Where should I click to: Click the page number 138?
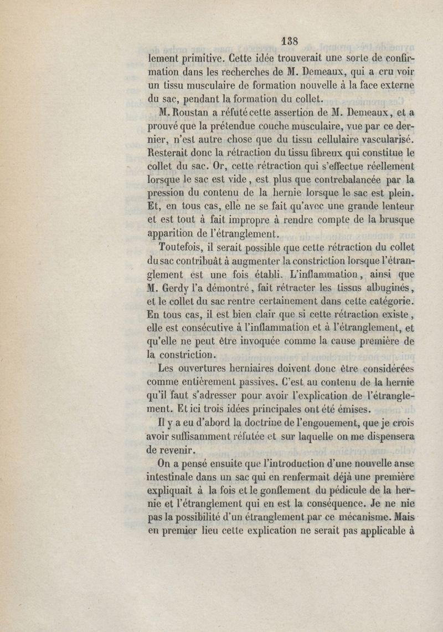[x=290, y=40]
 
